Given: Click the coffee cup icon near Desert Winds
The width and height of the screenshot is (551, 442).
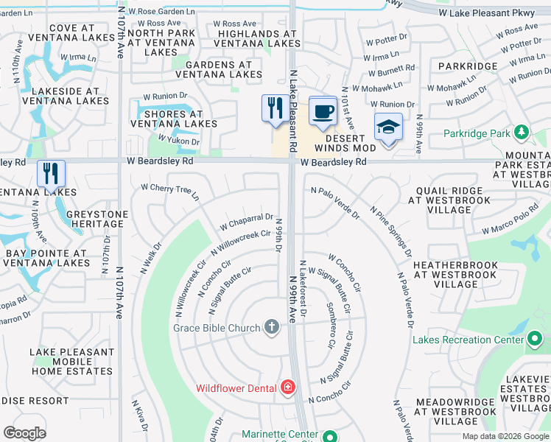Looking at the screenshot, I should click(x=322, y=111).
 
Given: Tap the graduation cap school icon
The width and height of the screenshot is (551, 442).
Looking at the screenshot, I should click(x=388, y=127).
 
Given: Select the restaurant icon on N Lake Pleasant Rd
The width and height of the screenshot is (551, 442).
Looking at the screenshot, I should click(x=273, y=108).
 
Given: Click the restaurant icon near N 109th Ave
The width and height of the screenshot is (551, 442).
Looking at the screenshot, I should click(x=51, y=173).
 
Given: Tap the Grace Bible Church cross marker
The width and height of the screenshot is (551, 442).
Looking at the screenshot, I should click(x=272, y=327).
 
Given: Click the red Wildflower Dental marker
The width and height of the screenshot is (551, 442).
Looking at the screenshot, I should click(x=287, y=387).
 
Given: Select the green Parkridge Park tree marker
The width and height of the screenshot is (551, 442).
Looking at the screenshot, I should click(x=522, y=133).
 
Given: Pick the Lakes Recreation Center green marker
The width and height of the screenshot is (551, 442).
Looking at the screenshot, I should click(x=536, y=339).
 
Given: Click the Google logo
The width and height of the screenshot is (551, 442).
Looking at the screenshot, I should click(x=25, y=432).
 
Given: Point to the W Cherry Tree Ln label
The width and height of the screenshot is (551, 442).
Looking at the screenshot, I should click(x=170, y=191).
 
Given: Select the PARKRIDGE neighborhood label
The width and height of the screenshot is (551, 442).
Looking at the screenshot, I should click(x=467, y=66).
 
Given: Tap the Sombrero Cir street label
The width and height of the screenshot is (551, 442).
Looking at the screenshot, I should click(x=330, y=326).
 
